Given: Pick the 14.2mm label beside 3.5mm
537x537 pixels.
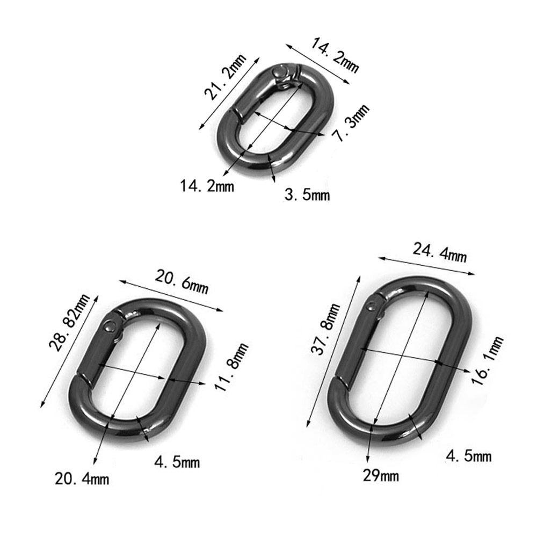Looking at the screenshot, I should (207, 186).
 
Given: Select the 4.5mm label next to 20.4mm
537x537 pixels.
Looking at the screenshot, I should (177, 461).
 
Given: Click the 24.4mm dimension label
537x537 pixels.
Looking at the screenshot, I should (439, 252).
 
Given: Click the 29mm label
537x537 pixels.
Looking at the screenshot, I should (381, 475).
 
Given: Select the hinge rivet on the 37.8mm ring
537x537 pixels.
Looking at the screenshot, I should (372, 307).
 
